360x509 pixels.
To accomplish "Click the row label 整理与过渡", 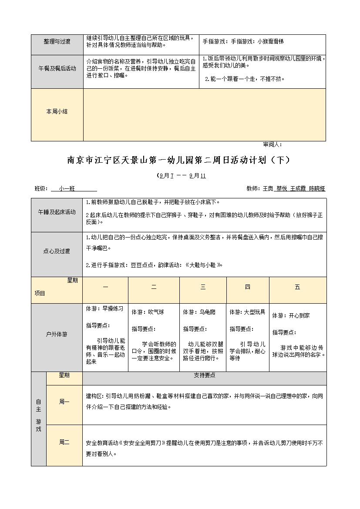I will point(57,42).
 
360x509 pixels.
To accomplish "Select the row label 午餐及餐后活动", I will point(57,68).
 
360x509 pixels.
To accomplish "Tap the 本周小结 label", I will point(57,111).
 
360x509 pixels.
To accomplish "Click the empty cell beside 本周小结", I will point(204,115).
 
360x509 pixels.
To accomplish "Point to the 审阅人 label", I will point(273,144).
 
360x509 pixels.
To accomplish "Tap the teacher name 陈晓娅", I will point(317,188).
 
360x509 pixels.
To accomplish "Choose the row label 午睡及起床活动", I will point(57,212).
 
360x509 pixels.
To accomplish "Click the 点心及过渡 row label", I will point(57,251).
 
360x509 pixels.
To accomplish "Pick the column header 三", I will point(203,287).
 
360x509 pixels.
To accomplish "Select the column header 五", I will point(297,287).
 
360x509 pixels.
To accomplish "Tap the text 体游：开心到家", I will point(291,315).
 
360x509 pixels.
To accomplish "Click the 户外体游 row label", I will point(57,335).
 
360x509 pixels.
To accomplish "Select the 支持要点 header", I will point(204,375).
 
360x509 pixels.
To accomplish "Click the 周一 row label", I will point(64,402).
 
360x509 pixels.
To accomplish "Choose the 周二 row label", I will point(64,442).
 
